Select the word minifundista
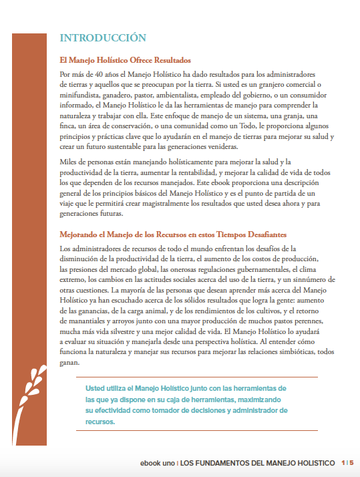coord(81,94)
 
